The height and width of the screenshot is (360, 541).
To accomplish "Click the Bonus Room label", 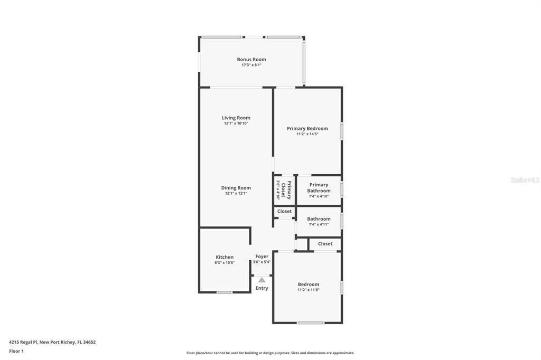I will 251,60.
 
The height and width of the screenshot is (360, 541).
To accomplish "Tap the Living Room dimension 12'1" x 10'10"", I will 236,124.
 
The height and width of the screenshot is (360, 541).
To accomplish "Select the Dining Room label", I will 236,188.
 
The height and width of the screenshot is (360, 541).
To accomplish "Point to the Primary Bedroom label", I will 307,128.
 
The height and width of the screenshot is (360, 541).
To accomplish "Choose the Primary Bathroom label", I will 319,188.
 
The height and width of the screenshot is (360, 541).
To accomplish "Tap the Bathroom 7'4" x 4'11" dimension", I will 319,224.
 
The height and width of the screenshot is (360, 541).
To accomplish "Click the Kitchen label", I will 225,257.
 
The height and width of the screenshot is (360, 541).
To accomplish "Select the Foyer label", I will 262,257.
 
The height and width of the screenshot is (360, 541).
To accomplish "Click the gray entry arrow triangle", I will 262,280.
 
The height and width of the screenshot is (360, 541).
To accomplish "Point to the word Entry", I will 262,288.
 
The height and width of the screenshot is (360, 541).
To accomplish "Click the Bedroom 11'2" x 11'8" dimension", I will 308,289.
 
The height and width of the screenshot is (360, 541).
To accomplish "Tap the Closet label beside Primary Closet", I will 284,211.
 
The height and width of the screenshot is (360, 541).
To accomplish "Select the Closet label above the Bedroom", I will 325,244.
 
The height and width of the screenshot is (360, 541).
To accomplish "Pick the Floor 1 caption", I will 16,351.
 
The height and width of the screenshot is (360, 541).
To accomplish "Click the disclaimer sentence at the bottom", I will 270,353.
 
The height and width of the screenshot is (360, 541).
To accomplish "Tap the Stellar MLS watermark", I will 525,180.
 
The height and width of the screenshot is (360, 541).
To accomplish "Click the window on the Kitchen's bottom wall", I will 225,292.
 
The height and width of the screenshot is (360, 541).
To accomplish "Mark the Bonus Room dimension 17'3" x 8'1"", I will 251,65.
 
